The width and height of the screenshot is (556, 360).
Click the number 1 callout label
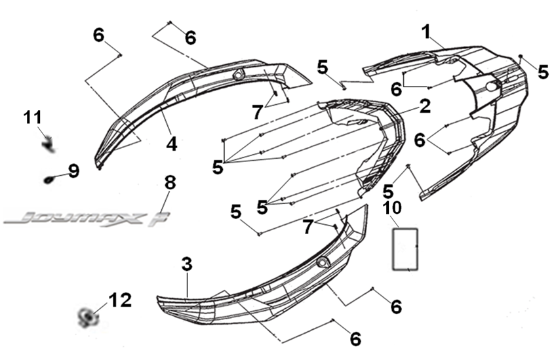click(x=427, y=31)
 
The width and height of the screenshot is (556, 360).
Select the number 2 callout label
click(x=425, y=106)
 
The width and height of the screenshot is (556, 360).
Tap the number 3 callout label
click(x=187, y=265)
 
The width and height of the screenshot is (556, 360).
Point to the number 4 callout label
click(x=171, y=143)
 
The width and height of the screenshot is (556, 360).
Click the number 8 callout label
click(x=170, y=182)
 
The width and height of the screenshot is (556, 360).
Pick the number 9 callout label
click(x=73, y=171)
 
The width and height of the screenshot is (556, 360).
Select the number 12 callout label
click(x=120, y=300)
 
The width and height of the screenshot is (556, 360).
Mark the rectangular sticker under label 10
click(x=406, y=248)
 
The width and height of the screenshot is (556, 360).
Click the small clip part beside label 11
click(x=47, y=142)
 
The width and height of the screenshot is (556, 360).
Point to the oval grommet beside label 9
click(x=50, y=178)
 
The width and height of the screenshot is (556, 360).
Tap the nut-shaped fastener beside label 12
click(x=86, y=319)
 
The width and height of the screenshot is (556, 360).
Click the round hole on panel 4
click(x=238, y=73)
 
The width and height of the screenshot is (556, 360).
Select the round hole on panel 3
click(x=322, y=262)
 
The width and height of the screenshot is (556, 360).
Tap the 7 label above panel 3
click(x=308, y=227)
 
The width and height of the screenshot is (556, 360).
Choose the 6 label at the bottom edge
click(x=355, y=339)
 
